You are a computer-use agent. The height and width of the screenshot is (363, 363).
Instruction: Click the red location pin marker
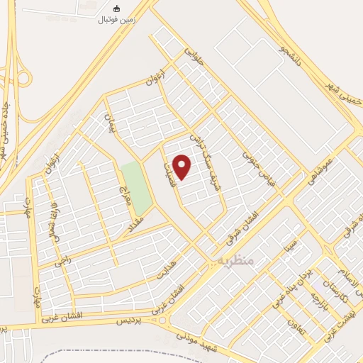183,167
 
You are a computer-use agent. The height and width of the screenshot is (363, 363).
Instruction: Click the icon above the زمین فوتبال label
117,9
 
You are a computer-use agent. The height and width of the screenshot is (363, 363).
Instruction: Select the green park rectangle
135,187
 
